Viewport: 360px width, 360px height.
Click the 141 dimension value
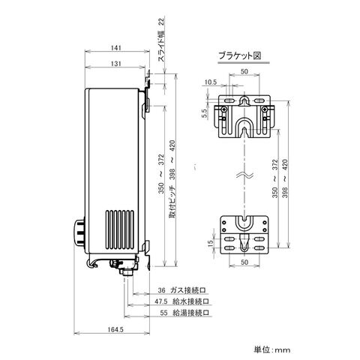point(115,47)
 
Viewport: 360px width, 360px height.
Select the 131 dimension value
point(115,64)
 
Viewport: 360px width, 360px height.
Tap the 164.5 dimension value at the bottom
point(115,330)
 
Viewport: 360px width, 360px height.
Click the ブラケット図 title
point(240,55)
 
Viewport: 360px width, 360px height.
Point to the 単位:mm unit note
point(272,349)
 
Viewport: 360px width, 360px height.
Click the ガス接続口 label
point(187,290)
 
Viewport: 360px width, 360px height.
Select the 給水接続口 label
point(190,301)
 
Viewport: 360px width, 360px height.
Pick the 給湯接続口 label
point(190,313)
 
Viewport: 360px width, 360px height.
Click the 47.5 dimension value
point(160,301)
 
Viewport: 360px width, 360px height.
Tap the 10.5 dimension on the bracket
point(211,82)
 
